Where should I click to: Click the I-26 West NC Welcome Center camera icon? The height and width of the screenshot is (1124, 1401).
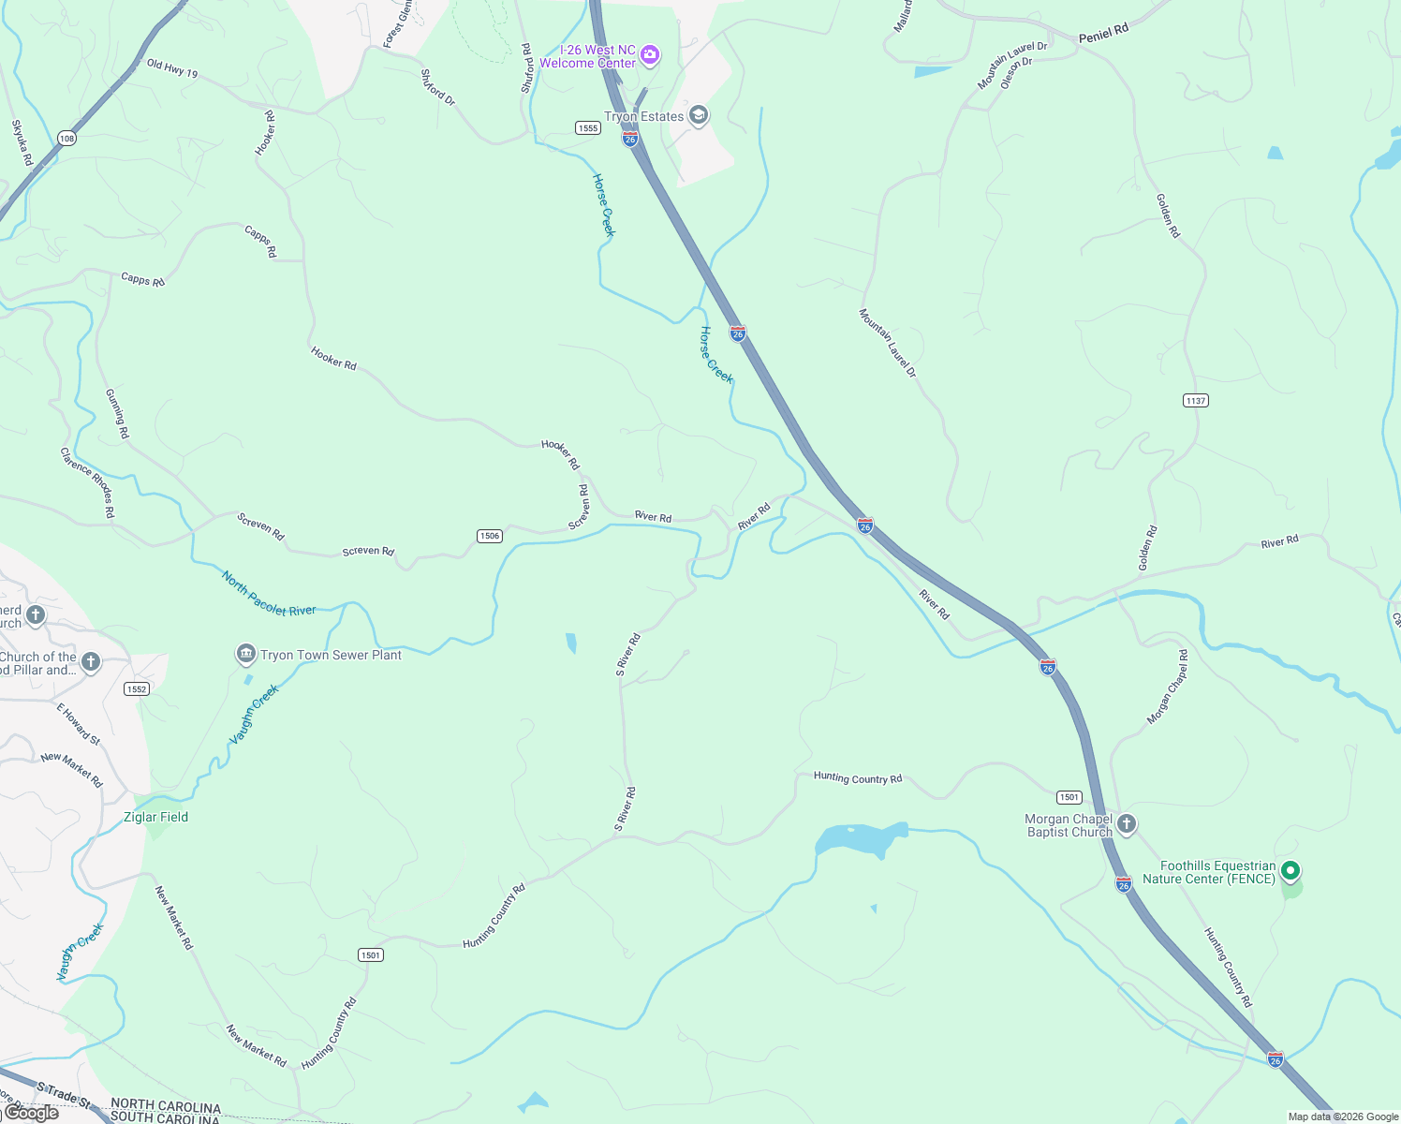(x=650, y=55)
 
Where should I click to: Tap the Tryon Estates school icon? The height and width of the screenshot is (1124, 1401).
(x=698, y=115)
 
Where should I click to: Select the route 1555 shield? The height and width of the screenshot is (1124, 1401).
(x=588, y=128)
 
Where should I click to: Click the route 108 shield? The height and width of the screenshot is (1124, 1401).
(x=66, y=139)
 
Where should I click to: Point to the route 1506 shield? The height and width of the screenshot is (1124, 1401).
(x=490, y=536)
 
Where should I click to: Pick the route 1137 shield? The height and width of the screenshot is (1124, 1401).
(x=1196, y=401)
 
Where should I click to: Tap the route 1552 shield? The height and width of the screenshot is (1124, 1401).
(x=137, y=689)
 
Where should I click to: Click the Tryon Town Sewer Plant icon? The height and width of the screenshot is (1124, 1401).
(x=246, y=653)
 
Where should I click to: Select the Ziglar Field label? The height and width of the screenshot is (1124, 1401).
(x=155, y=817)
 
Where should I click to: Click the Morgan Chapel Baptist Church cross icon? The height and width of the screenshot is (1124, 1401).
(x=1127, y=823)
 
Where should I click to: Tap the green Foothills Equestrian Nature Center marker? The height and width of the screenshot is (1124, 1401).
(x=1290, y=872)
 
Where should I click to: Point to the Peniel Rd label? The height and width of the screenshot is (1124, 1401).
(x=1103, y=35)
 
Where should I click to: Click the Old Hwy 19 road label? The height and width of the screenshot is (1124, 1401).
(x=172, y=68)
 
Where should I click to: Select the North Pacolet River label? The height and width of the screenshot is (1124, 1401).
(x=269, y=594)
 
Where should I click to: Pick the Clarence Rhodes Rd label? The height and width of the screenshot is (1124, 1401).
(x=87, y=482)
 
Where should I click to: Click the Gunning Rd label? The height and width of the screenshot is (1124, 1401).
(x=117, y=414)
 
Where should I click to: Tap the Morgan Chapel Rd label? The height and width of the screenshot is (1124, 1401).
(x=1168, y=688)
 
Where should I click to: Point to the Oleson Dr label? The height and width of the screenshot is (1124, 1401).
(x=1016, y=73)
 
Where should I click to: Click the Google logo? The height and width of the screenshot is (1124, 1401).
(x=30, y=1113)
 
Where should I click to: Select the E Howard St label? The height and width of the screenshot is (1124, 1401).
(x=79, y=724)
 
